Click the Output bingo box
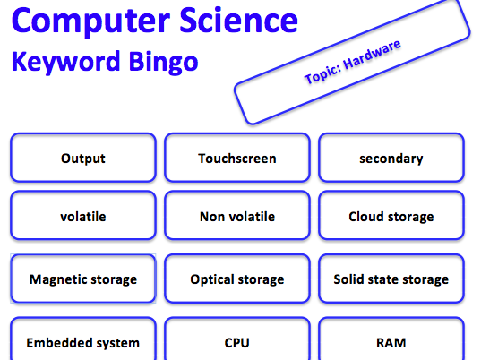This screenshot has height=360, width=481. pyautogui.click(x=83, y=158)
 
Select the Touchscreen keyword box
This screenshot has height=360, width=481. pyautogui.click(x=237, y=158)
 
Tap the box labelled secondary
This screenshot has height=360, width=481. pyautogui.click(x=391, y=158)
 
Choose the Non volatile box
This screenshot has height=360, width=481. pyautogui.click(x=237, y=215)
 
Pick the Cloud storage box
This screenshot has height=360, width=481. pyautogui.click(x=391, y=215)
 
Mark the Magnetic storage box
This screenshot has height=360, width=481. pyautogui.click(x=83, y=279)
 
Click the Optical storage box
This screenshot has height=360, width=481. pyautogui.click(x=237, y=279)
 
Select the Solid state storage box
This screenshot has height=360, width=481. pyautogui.click(x=391, y=279)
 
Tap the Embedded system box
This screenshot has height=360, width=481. pyautogui.click(x=83, y=339)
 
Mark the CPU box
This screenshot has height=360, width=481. pyautogui.click(x=237, y=339)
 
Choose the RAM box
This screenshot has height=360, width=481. pyautogui.click(x=391, y=339)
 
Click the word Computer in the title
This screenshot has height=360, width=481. pyautogui.click(x=90, y=21)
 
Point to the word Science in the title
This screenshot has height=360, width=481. pyautogui.click(x=238, y=20)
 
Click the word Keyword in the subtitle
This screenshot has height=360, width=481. pyautogui.click(x=65, y=61)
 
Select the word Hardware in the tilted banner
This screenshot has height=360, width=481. pyautogui.click(x=372, y=55)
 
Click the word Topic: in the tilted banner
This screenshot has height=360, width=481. pyautogui.click(x=322, y=74)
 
